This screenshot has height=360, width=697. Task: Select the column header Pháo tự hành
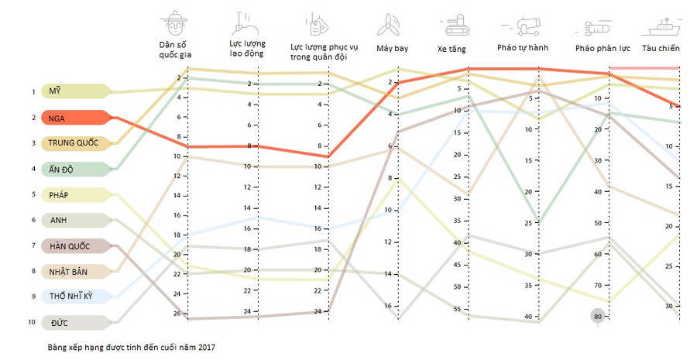pos(524,49)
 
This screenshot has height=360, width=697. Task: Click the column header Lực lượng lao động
pos(246,49)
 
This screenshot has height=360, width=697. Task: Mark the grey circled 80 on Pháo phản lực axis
pos(597,317)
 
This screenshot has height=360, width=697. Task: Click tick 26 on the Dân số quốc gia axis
pos(177,314)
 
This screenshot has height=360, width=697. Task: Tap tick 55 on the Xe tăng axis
pos(458,309)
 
